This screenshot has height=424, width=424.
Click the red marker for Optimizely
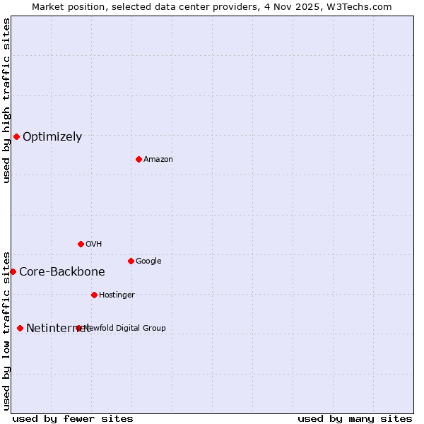click(16, 136)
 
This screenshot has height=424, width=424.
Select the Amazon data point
click(139, 159)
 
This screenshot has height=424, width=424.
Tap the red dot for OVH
click(81, 244)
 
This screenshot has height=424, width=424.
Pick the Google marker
click(131, 261)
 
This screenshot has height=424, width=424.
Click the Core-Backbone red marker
click(13, 271)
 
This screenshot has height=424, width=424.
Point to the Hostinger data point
click(94, 295)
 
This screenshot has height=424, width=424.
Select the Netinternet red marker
click(20, 328)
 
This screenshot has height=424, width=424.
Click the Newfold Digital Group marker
click(78, 328)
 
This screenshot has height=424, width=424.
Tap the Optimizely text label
click(52, 137)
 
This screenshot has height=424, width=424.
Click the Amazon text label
click(158, 160)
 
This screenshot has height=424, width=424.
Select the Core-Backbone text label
click(62, 272)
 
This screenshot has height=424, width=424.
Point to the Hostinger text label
click(117, 295)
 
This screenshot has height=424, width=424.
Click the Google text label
click(148, 261)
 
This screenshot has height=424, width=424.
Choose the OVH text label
click(94, 245)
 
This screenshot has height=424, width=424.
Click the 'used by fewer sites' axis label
click(73, 418)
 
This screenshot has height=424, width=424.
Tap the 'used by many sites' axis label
click(355, 418)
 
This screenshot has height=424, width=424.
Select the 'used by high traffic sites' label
click(6, 100)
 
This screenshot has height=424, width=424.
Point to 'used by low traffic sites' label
click(6, 330)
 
